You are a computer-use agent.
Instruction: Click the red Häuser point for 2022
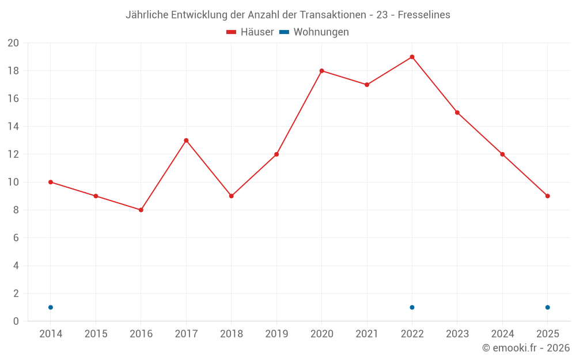pos(412,57)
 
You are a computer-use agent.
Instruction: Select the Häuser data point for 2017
pos(186,141)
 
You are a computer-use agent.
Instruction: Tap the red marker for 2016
pos(141,210)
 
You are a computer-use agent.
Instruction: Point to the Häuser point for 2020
pos(321,71)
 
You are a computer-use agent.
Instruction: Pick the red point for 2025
pos(547,196)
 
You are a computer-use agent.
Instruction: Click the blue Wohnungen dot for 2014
pos(51,307)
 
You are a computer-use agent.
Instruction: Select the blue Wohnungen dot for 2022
pos(412,307)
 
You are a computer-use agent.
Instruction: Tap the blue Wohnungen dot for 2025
pos(547,307)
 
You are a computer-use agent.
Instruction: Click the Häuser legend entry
pos(250,32)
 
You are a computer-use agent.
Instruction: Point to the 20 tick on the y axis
pos(13,43)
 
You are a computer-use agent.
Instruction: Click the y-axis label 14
pos(13,127)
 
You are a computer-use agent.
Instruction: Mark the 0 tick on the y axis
pos(16,321)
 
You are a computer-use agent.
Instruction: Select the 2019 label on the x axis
pos(276,334)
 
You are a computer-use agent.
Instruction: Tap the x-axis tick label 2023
pos(457,334)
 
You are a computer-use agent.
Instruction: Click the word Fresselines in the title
pos(424,15)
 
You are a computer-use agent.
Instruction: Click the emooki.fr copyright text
pos(526,348)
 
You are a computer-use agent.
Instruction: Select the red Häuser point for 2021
pos(367,85)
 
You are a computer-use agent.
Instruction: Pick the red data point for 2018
pos(231,196)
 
